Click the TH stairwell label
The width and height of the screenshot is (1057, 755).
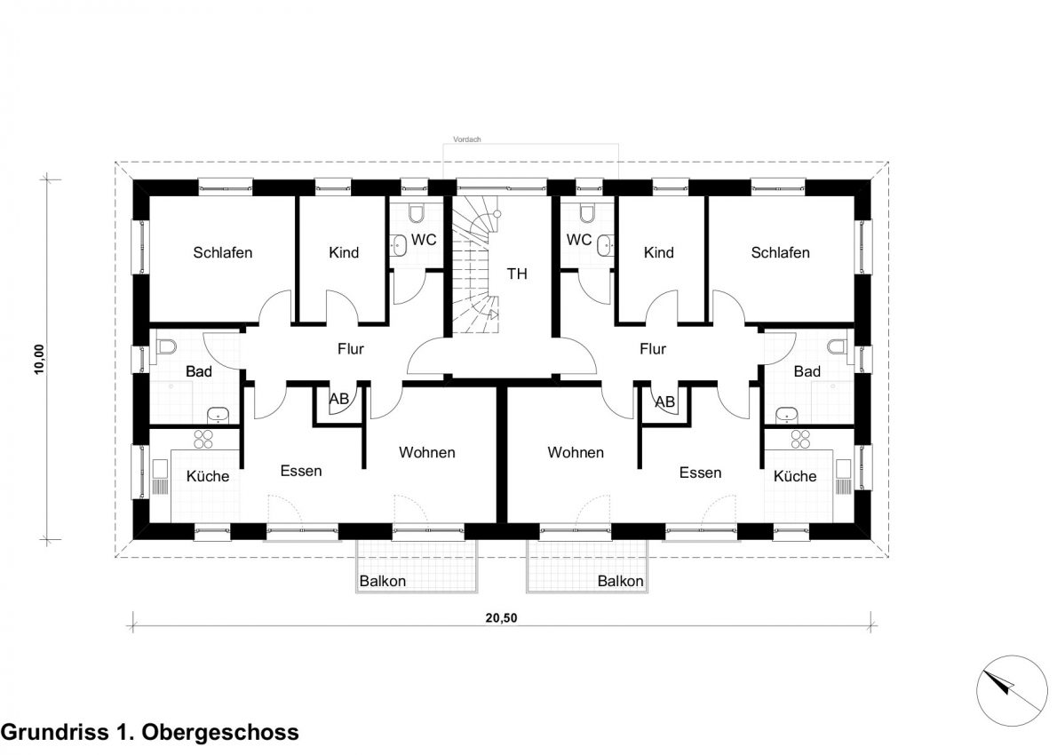pos(517,274)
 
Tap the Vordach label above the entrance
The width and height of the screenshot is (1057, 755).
pos(467,139)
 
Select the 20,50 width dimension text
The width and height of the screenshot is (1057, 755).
pos(502,618)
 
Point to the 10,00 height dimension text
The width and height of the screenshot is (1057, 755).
pos(41,359)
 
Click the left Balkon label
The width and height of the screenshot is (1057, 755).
pos(382,581)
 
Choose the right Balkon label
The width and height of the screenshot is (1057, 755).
pos(620,581)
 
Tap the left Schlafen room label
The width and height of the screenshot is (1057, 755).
pos(222,253)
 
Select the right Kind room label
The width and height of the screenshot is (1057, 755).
pos(658,253)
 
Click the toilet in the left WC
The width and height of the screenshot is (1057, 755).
pos(416,213)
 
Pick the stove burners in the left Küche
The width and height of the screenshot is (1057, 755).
pos(203,439)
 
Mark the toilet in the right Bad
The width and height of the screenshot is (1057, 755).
pos(837,346)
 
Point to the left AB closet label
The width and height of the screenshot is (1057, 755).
pos(339,399)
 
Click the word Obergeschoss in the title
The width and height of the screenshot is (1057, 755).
pos(221,732)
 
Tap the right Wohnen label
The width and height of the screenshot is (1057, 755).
pos(576,452)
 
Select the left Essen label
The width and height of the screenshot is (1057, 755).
pos(301,471)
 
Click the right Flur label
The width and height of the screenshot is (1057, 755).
pos(653,349)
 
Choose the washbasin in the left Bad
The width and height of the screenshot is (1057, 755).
pos(218,415)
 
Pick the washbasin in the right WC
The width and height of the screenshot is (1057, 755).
pos(606,246)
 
